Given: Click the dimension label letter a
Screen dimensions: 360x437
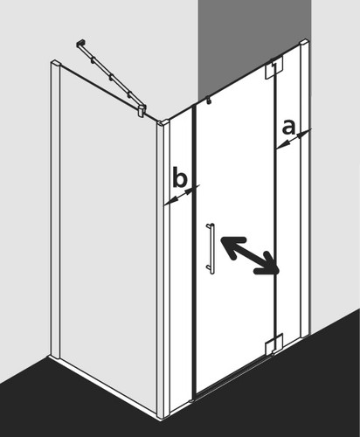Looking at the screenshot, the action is coord(288,128).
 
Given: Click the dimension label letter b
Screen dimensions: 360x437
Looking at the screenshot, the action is coord(179,177).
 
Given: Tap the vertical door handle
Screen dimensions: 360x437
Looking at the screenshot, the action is coord(211,248).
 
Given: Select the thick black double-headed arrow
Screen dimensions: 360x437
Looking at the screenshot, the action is coord(250,255).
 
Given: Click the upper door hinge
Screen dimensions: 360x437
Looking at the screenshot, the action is coord(273,69).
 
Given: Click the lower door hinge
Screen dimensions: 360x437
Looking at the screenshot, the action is coord(273,343).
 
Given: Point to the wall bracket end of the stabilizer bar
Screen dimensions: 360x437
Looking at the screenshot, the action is coord(80,44).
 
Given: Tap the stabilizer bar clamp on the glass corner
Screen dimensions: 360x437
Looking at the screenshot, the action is coord(142,111).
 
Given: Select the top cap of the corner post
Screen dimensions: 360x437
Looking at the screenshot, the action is coord(162,123).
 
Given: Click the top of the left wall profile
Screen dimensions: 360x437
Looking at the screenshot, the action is coord(55,63).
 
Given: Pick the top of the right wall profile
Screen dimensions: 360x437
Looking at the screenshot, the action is coord(304,43).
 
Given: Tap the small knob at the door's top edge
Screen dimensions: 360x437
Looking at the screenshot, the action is coord(208,100).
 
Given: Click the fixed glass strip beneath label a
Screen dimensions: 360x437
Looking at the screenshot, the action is coord(287,233).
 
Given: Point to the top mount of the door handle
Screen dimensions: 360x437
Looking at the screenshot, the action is coord(210,225).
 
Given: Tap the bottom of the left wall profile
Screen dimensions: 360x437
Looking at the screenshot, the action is coord(55,356).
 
